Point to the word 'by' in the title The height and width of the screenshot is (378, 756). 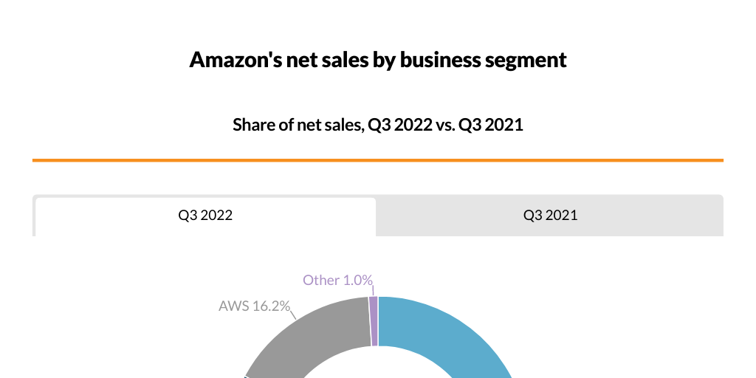(384, 60)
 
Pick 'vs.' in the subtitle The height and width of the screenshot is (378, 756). (444, 125)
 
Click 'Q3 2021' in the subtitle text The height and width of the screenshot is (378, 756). (491, 125)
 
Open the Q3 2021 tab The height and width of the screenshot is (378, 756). (550, 216)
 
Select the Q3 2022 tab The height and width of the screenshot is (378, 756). (205, 216)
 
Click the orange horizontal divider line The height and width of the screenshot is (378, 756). (378, 159)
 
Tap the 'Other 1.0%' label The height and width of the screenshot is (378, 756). (337, 281)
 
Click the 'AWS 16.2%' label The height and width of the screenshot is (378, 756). (254, 306)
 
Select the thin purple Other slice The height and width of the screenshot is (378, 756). (374, 321)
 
